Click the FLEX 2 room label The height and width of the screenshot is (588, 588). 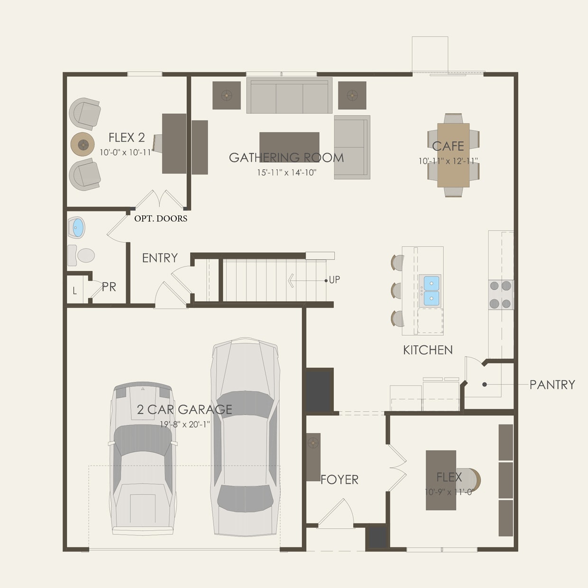pyautogui.click(x=127, y=138)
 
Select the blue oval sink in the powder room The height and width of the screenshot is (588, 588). pyautogui.click(x=76, y=228)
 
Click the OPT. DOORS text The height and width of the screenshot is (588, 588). pyautogui.click(x=161, y=219)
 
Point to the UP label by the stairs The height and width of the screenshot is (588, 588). pyautogui.click(x=334, y=280)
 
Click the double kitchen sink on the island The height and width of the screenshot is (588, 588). pyautogui.click(x=432, y=290)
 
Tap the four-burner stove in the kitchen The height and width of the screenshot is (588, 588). pyautogui.click(x=501, y=294)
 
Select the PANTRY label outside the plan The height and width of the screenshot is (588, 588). pyautogui.click(x=552, y=385)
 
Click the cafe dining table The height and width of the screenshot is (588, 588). pyautogui.click(x=453, y=155)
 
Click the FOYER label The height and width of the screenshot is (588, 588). pyautogui.click(x=340, y=479)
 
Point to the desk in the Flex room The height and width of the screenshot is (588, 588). pyautogui.click(x=441, y=480)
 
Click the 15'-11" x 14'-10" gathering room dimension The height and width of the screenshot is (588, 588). pyautogui.click(x=287, y=173)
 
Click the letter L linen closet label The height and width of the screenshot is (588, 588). pyautogui.click(x=75, y=291)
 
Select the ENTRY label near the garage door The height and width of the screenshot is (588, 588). pyautogui.click(x=160, y=258)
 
